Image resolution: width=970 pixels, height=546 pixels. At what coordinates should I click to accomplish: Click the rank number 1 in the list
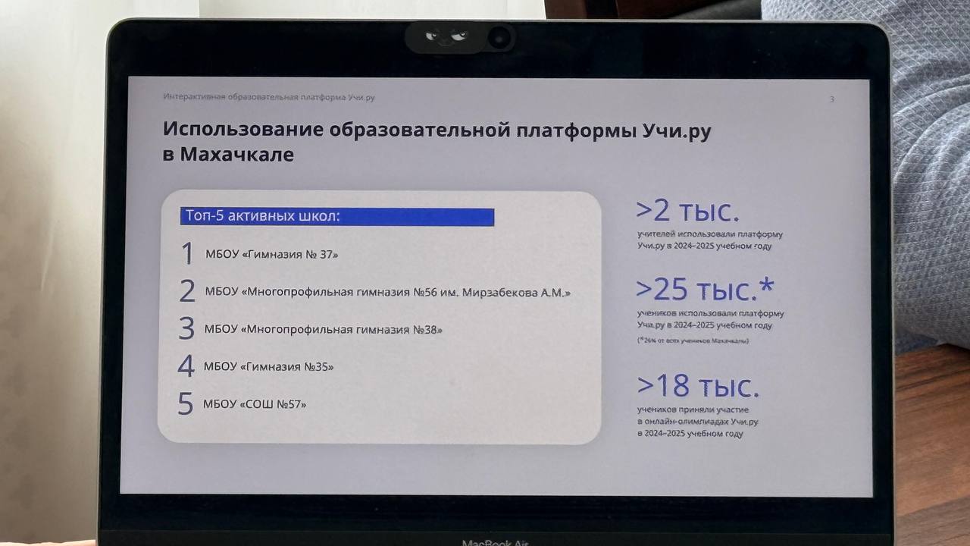pyautogui.click(x=187, y=253)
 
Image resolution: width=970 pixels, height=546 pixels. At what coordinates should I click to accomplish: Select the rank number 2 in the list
pyautogui.click(x=187, y=290)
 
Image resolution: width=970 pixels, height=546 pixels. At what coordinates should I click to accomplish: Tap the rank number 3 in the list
pyautogui.click(x=186, y=328)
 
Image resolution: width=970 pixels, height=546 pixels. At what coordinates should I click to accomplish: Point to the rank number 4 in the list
pyautogui.click(x=186, y=366)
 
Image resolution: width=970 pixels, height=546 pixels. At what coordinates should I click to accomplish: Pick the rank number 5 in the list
pyautogui.click(x=186, y=403)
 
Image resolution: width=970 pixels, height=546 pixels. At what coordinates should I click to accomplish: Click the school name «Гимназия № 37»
pyautogui.click(x=289, y=254)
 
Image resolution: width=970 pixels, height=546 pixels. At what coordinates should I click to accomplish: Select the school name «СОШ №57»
pyautogui.click(x=273, y=404)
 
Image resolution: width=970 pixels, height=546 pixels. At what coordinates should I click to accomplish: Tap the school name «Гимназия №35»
pyautogui.click(x=286, y=367)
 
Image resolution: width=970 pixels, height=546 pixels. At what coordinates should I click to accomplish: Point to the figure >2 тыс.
pyautogui.click(x=687, y=211)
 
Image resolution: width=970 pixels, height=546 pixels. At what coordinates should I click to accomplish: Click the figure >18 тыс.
pyautogui.click(x=698, y=386)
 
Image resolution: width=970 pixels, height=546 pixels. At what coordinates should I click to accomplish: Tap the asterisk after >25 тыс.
pyautogui.click(x=766, y=286)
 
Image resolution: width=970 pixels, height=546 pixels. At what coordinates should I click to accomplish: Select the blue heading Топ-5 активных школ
pyautogui.click(x=262, y=216)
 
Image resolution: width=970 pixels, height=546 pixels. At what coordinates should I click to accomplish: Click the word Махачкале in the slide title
pyautogui.click(x=237, y=154)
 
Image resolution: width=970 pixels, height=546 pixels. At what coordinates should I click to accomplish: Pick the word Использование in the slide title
pyautogui.click(x=243, y=129)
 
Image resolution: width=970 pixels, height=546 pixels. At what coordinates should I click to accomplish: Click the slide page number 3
pyautogui.click(x=831, y=99)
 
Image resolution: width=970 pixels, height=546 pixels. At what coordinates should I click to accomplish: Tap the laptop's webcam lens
pyautogui.click(x=499, y=38)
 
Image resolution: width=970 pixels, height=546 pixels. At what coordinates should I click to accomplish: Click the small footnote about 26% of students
pyautogui.click(x=693, y=340)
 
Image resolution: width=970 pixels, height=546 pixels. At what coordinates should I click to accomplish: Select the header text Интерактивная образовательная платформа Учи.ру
pyautogui.click(x=269, y=97)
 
